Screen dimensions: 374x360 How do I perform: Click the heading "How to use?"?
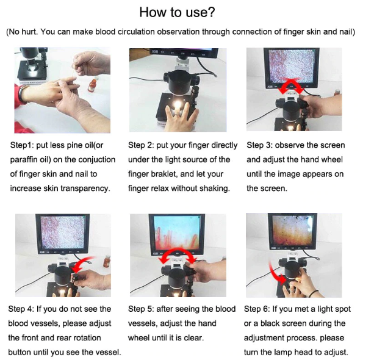coord(177,12)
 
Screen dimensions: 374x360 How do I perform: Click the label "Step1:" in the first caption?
coord(22,145)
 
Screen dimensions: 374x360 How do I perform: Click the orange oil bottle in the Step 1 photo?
coord(92,85)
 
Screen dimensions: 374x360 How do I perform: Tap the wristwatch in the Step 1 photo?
coord(22,94)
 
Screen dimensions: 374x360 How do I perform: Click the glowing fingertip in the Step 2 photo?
coord(178,105)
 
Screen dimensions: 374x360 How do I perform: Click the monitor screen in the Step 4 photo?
coord(63,232)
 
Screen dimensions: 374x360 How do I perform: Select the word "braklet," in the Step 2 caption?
coord(165,174)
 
